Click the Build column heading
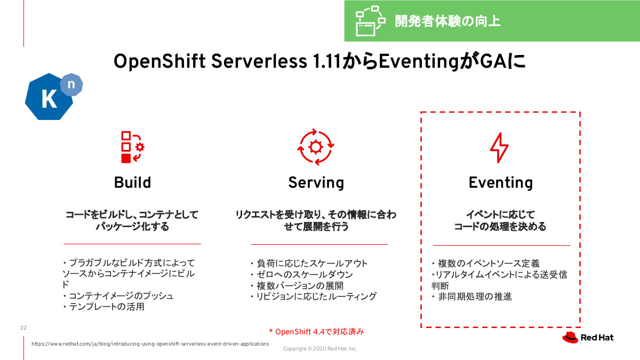(132, 182)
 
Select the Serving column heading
(316, 183)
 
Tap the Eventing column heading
(501, 183)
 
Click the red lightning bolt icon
(499, 147)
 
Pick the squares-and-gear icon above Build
(133, 147)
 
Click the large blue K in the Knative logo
(49, 99)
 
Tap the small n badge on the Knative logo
(71, 84)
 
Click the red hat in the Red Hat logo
(570, 338)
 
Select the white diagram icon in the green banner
(370, 21)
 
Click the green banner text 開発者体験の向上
(447, 21)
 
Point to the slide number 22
(23, 327)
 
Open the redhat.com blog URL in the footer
(150, 343)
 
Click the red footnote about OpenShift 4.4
(317, 332)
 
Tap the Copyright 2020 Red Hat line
(320, 349)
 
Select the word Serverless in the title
(259, 61)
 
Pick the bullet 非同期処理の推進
(471, 297)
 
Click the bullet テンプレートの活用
(103, 307)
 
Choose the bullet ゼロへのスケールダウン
(302, 275)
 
